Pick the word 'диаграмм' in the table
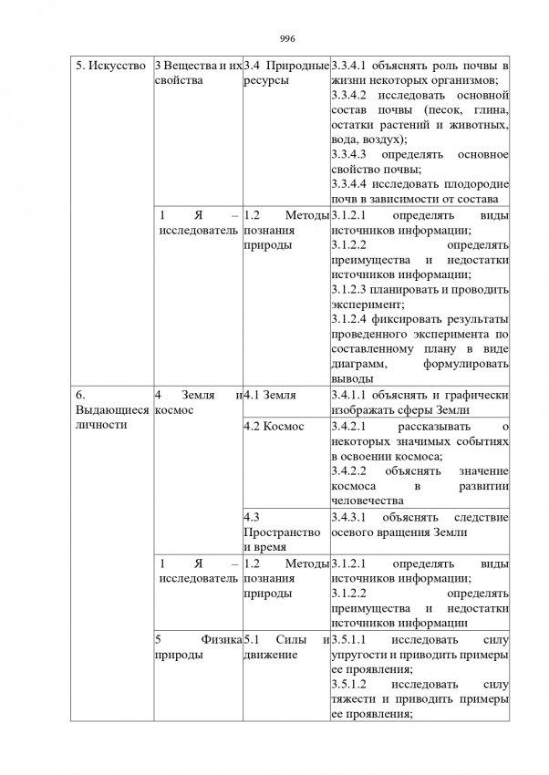(357, 364)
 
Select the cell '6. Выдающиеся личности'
(110, 409)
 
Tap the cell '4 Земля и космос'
(198, 402)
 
